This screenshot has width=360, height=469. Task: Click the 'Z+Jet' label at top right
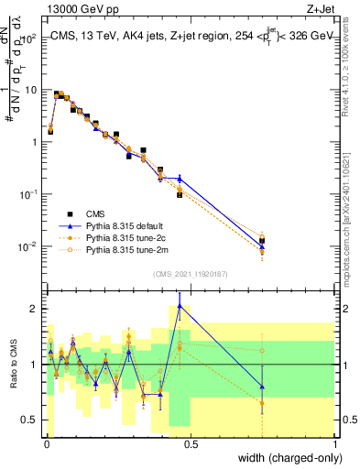(x=319, y=8)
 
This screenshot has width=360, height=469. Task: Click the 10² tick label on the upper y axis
(x=29, y=38)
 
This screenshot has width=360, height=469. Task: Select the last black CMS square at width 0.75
(x=262, y=240)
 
